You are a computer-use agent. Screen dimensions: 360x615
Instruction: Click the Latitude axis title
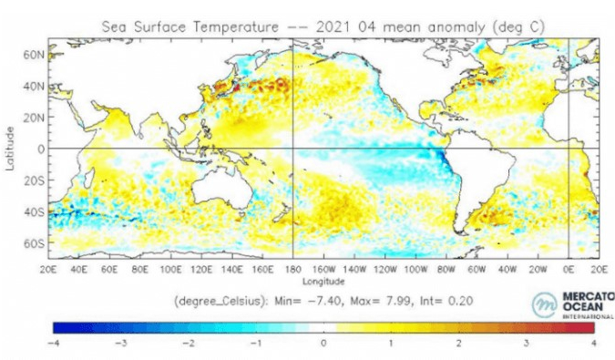(11, 149)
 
